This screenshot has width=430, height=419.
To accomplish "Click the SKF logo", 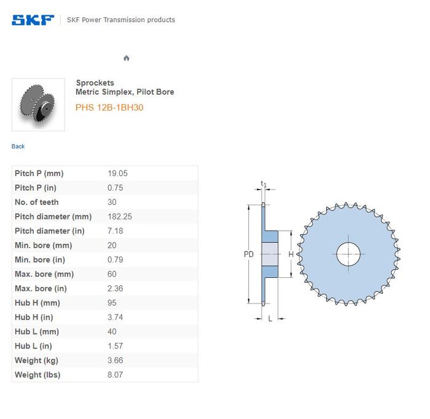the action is tap(33, 20).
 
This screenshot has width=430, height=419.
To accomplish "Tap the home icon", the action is tap(127, 58).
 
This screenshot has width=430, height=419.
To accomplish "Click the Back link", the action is tap(18, 147).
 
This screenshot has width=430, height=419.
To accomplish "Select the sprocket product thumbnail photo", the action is tap(38, 105).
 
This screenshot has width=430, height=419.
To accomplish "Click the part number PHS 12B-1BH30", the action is tap(109, 107).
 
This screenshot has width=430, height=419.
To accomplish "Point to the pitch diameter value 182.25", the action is tap(120, 217).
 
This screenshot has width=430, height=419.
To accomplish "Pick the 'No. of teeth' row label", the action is tap(37, 202).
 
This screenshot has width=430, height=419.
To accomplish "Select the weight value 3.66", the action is tap(115, 360).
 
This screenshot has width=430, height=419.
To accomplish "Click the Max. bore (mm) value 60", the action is tap(112, 274).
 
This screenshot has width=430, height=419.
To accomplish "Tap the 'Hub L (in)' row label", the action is tap(33, 346).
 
